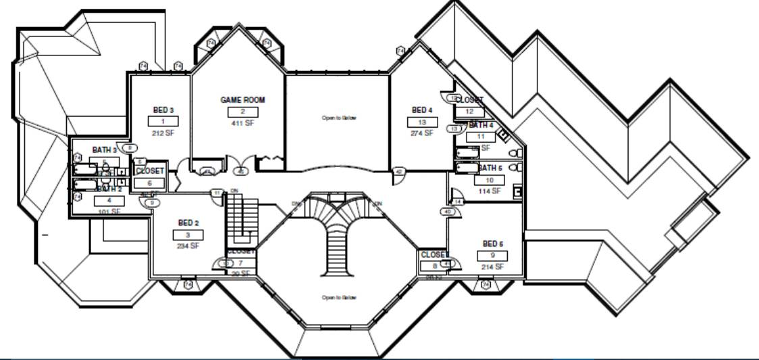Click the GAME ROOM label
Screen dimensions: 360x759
coord(242,100)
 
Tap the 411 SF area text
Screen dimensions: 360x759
coord(242,123)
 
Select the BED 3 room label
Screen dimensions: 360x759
coord(163,110)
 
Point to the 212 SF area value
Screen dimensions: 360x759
coord(163,133)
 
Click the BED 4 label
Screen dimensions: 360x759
coord(421,110)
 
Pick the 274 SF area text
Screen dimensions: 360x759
coord(421,133)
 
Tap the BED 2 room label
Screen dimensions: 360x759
coord(188,222)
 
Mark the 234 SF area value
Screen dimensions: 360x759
coord(188,246)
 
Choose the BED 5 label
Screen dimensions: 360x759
coord(493,243)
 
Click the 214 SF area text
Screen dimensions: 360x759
coord(493,267)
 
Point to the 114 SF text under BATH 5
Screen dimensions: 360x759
coord(490,191)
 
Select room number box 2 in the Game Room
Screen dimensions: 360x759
coord(242,111)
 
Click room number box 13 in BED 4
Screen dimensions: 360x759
coord(421,122)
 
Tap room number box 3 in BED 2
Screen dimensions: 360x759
coord(188,234)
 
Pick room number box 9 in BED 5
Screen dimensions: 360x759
coord(493,255)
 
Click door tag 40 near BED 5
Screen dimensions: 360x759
coord(447,211)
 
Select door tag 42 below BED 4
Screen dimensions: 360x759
coord(399,172)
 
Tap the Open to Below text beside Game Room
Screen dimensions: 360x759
coord(338,118)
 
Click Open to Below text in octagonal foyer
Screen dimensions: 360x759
coord(338,297)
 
